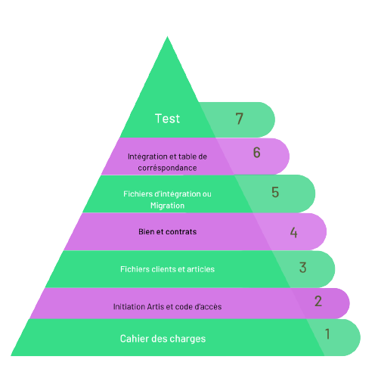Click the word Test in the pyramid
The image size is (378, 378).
167,119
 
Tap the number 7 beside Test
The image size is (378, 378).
240,119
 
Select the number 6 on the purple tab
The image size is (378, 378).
256,153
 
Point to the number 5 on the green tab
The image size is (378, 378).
275,192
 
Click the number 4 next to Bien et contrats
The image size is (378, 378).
294,232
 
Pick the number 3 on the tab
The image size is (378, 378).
302,268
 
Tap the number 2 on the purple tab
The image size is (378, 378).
318,301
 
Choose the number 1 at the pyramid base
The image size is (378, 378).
327,334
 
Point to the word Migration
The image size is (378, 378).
167,206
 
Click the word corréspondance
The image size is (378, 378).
167,168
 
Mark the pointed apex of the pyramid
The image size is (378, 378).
167,36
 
